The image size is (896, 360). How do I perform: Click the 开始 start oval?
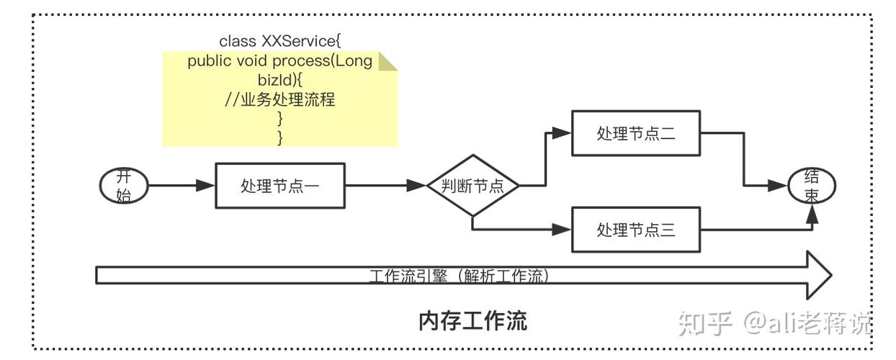124,186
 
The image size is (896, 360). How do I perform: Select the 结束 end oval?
811,186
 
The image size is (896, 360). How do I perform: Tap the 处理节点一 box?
280,186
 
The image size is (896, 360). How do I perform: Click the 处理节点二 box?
635,133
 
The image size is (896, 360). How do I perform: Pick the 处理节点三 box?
635,230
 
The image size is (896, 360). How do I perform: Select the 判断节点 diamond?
472,186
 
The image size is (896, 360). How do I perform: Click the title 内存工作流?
472,320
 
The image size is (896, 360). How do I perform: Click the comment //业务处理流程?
280,99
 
